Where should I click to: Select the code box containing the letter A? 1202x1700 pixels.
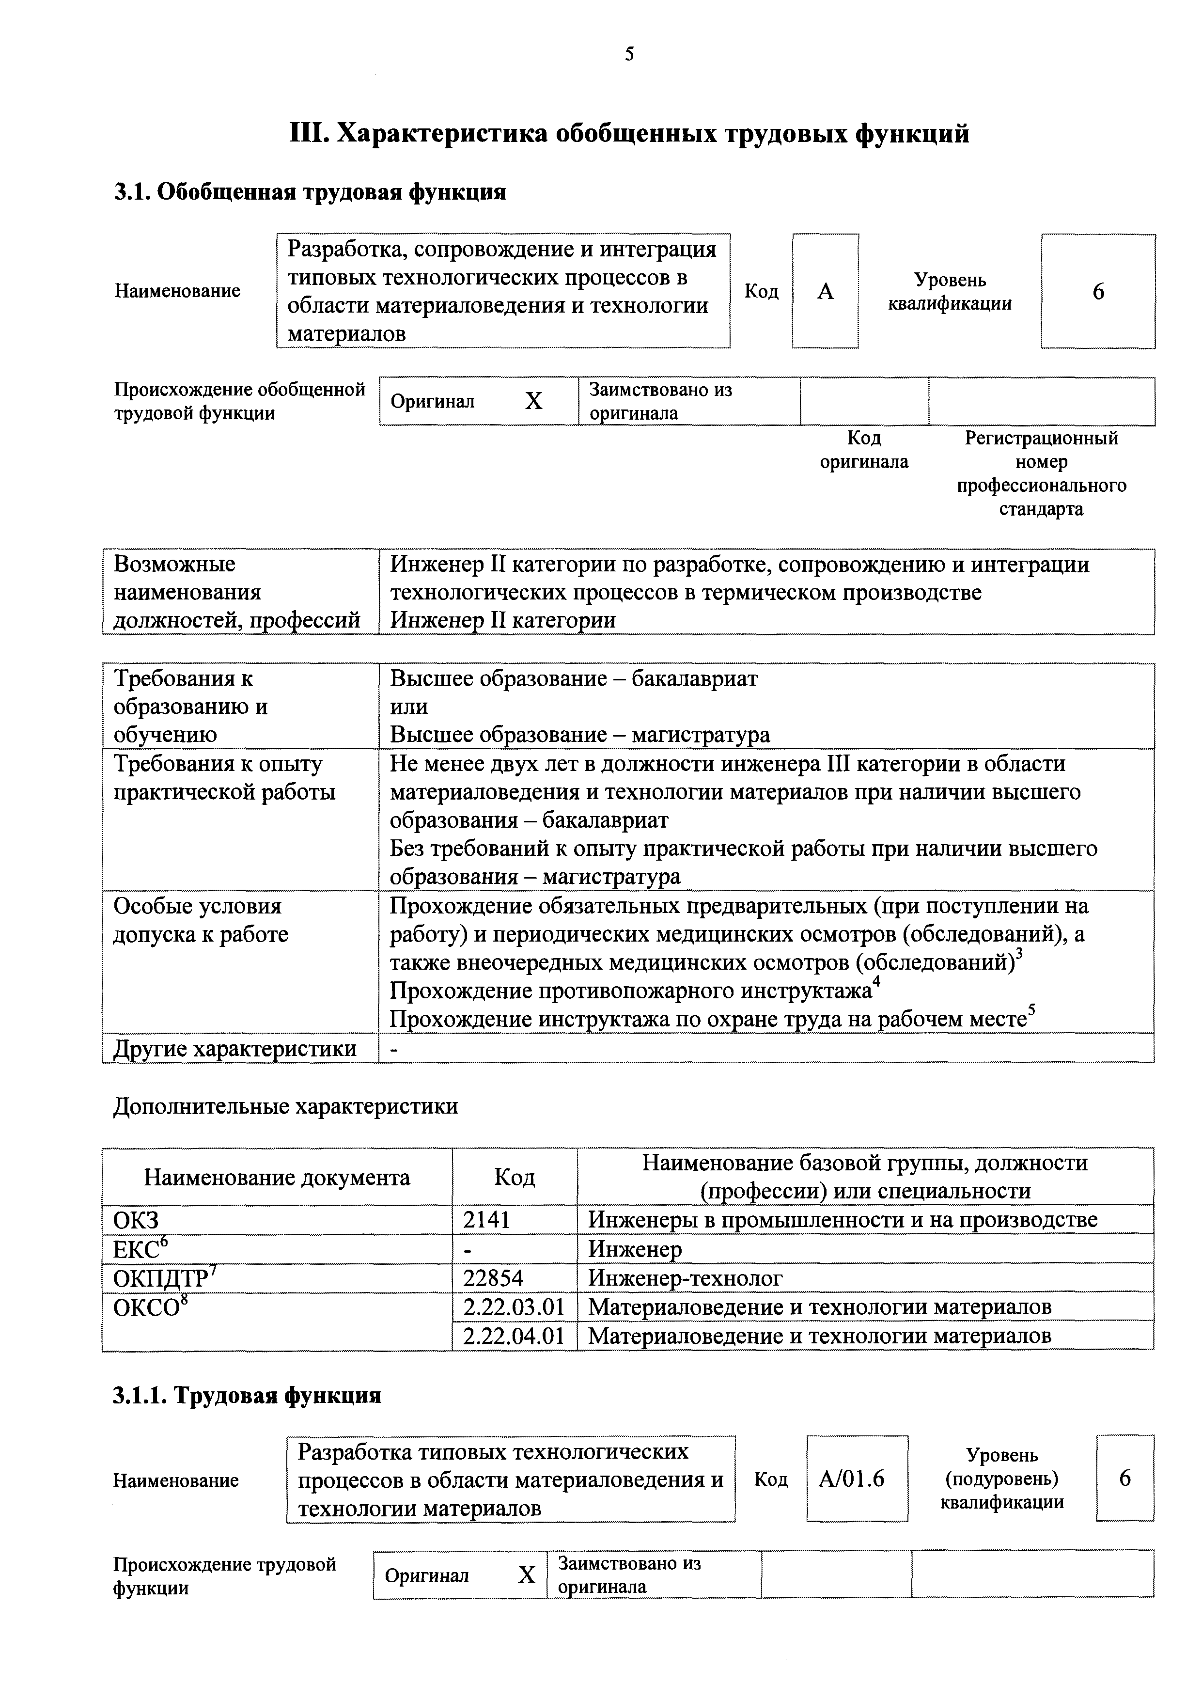point(825,291)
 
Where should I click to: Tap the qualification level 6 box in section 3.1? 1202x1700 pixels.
point(1098,291)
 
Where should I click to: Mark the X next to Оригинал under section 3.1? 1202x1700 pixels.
point(533,401)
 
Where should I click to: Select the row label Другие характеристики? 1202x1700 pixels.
point(234,1048)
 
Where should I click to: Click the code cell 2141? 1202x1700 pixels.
point(487,1219)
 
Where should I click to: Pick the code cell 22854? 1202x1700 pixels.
point(493,1278)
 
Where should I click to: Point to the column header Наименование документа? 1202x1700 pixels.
point(277,1177)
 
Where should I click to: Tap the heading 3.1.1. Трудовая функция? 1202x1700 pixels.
point(247,1396)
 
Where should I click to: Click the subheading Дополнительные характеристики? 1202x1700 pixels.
point(285,1106)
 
